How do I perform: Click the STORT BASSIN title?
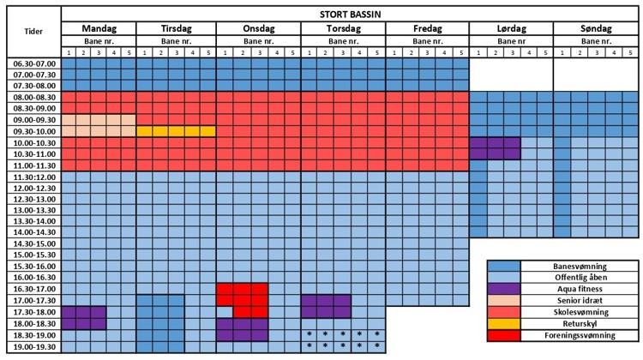coord(351,12)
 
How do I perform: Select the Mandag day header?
coord(99,28)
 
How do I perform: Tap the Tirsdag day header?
coord(176,28)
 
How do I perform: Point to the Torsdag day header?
coord(343,28)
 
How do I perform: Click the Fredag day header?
coord(427,28)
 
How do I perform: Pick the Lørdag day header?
coord(511,28)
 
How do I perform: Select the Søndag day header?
coord(595,28)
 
